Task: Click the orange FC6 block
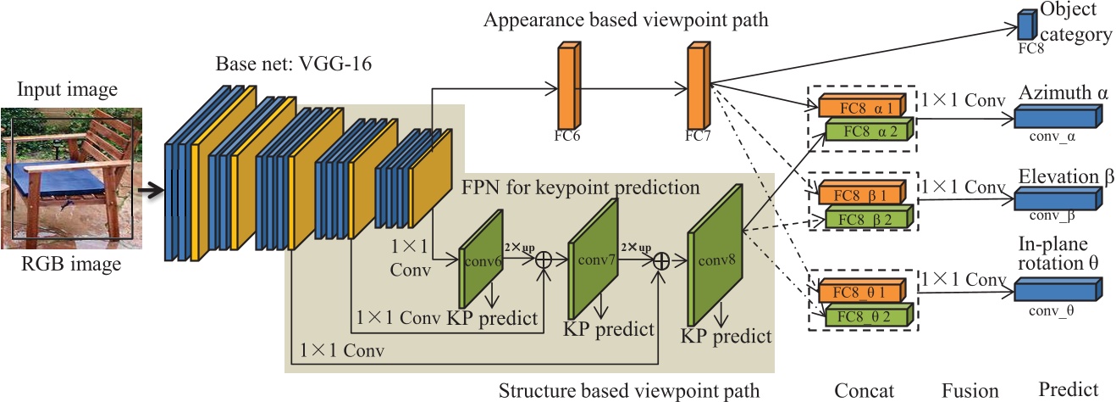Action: point(566,86)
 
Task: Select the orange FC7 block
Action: point(696,86)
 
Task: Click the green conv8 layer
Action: point(714,260)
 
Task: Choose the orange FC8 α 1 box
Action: point(859,107)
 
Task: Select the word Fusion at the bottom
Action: point(970,390)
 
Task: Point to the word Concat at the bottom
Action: point(865,390)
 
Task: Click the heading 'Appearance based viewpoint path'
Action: point(626,20)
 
